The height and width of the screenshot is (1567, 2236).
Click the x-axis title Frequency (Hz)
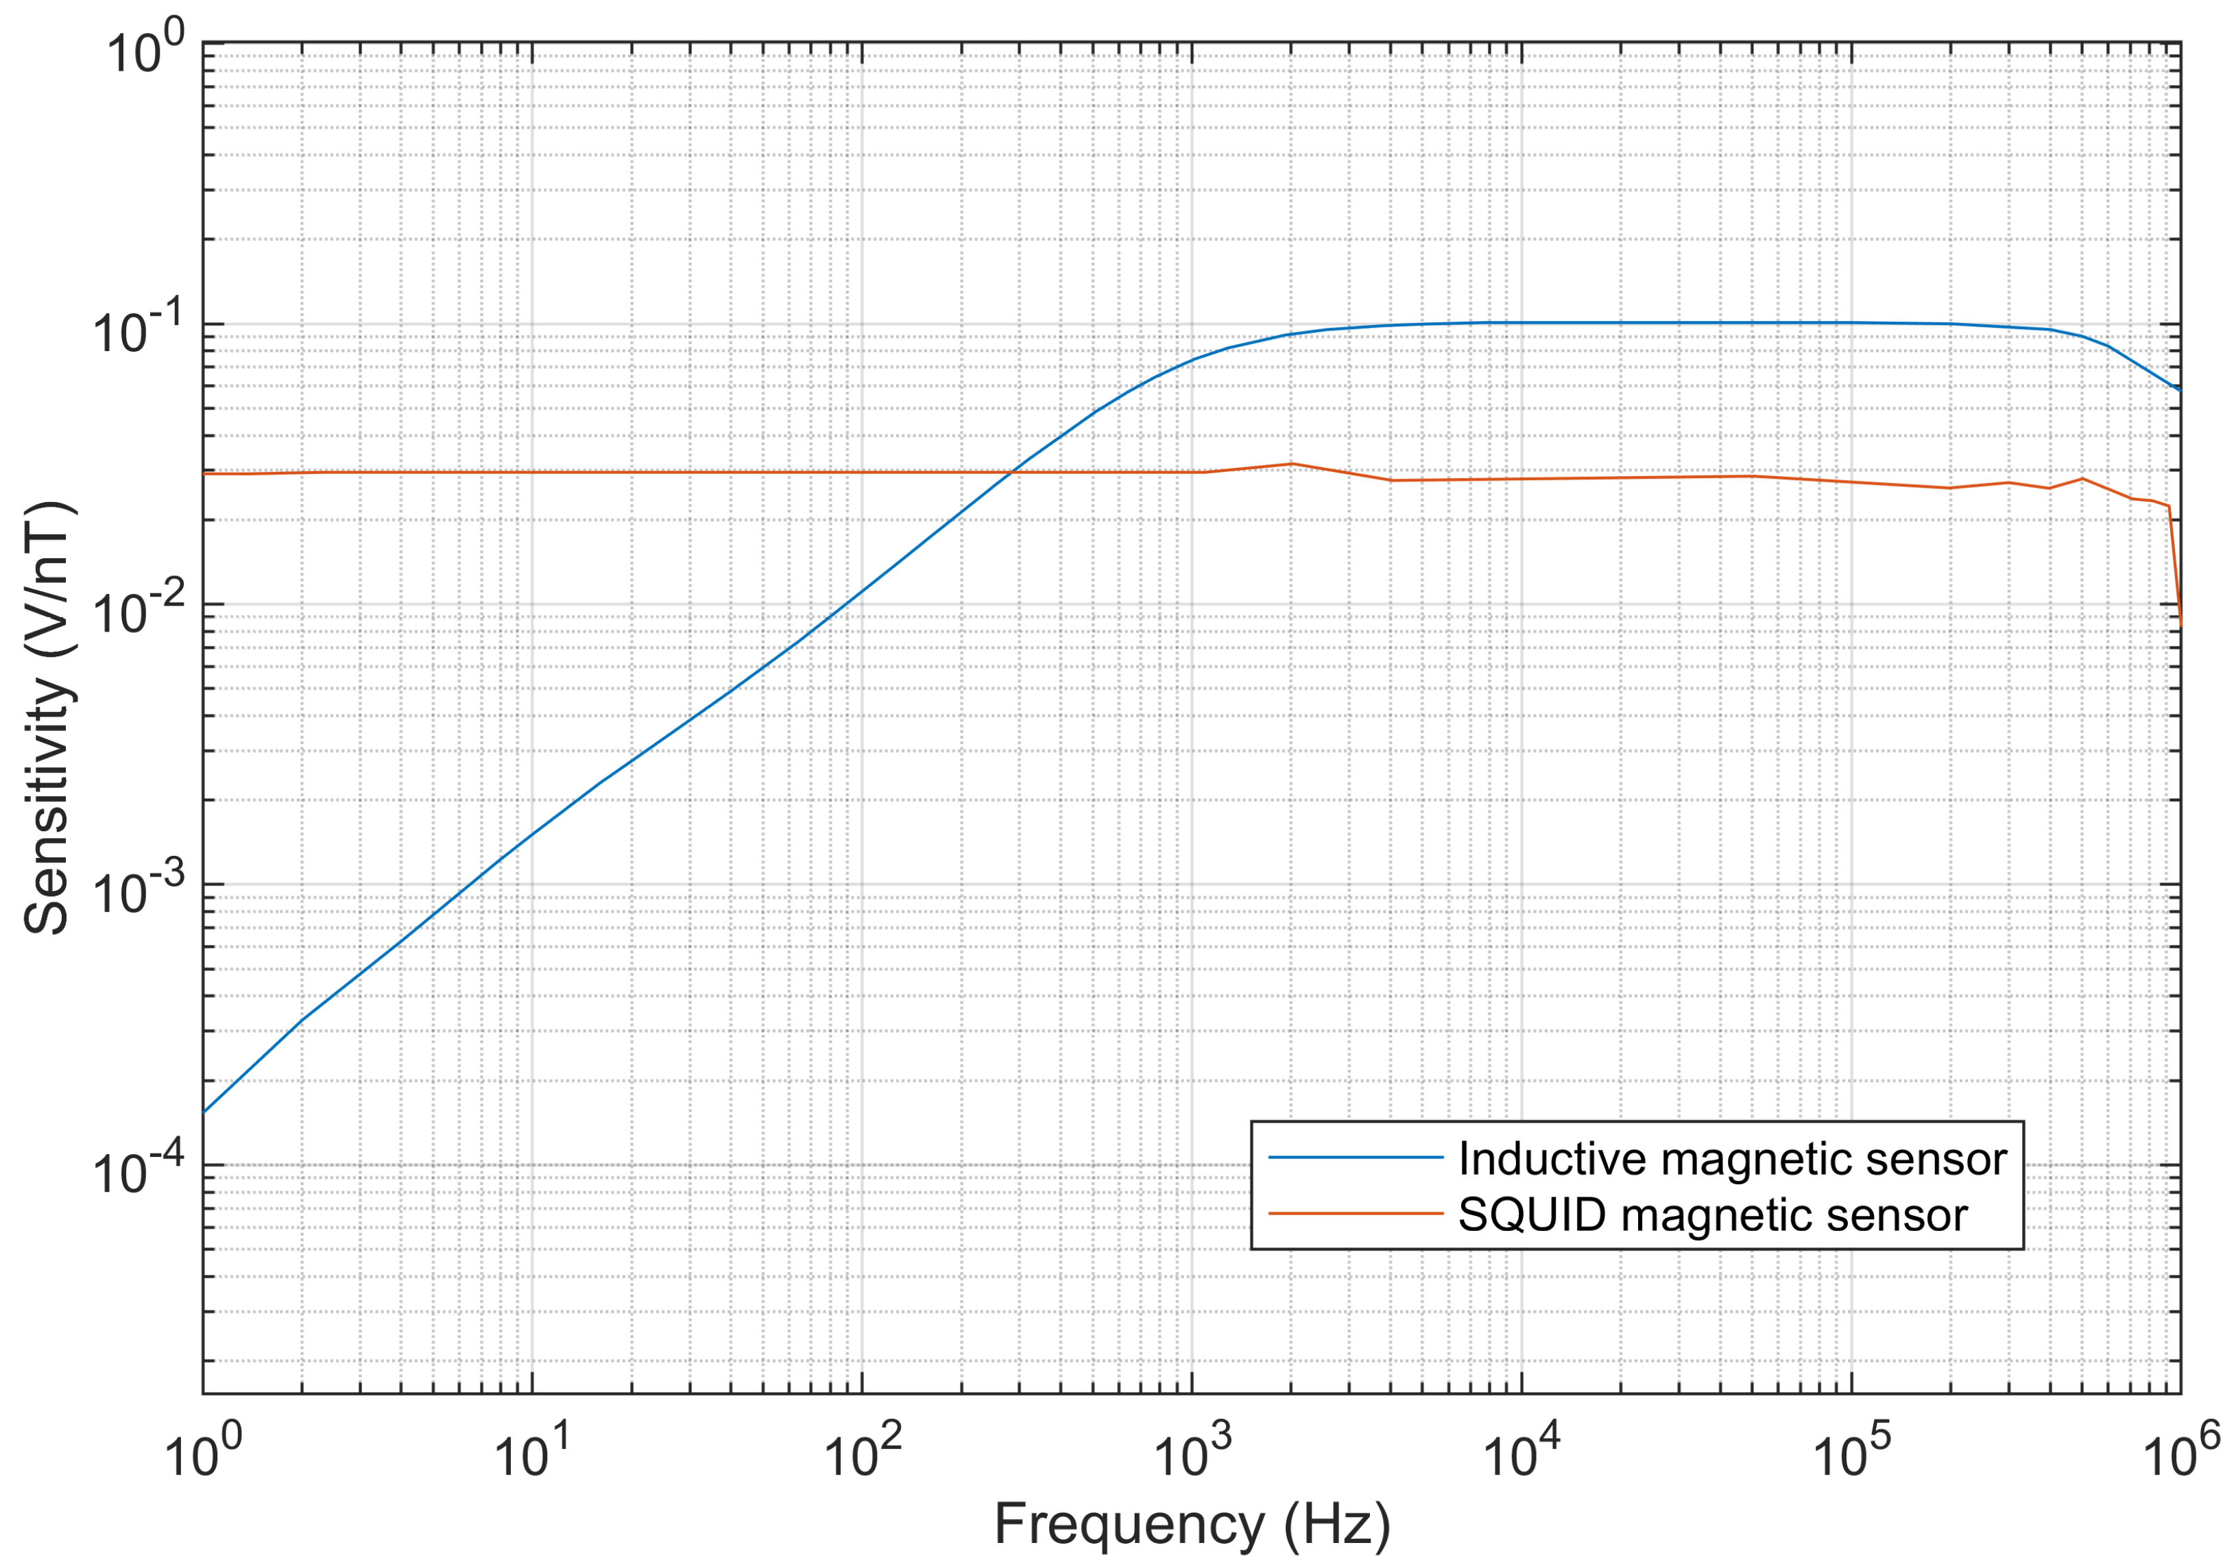pos(1191,1525)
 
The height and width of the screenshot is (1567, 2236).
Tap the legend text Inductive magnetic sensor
pos(1731,1159)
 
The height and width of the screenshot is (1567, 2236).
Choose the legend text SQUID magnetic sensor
pos(1712,1215)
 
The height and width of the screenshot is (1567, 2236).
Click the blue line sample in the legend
pos(1355,1157)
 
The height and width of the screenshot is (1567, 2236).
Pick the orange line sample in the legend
pos(1355,1213)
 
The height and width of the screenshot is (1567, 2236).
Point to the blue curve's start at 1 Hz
pos(204,1111)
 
